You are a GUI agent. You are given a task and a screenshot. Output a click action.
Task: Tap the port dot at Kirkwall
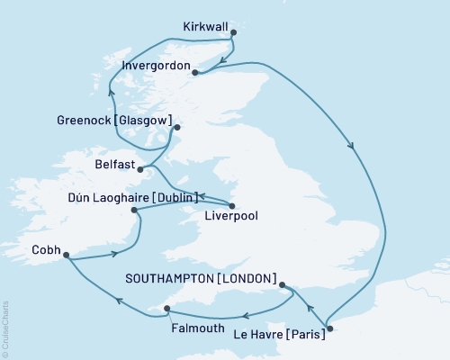pyautogui.click(x=233, y=32)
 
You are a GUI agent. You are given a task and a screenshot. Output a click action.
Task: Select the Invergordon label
pyautogui.click(x=154, y=67)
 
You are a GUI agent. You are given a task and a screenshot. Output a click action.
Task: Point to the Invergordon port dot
pyautogui.click(x=195, y=75)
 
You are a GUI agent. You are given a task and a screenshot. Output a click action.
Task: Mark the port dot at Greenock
pyautogui.click(x=177, y=128)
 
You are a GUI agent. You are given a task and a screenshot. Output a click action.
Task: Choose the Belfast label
pyautogui.click(x=114, y=166)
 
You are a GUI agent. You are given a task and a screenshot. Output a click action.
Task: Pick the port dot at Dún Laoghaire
pyautogui.click(x=135, y=211)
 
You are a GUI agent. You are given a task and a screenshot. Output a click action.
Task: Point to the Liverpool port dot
pyautogui.click(x=232, y=205)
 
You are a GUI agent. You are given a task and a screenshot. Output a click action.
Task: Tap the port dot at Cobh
pyautogui.click(x=66, y=255)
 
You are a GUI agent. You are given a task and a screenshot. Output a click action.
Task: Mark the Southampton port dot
pyautogui.click(x=283, y=286)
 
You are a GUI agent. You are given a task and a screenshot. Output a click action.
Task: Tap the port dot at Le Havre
pyautogui.click(x=329, y=328)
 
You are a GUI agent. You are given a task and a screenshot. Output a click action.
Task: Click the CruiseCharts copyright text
pyautogui.click(x=6, y=326)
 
